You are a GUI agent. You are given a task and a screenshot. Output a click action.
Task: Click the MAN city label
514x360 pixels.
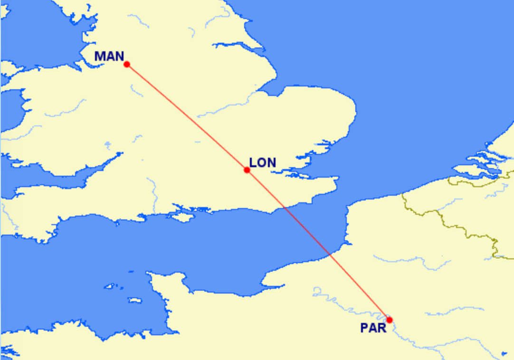point(109,56)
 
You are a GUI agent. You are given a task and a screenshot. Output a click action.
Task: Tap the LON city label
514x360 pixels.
point(262,162)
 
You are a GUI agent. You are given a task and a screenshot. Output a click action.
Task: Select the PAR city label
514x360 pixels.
point(373,328)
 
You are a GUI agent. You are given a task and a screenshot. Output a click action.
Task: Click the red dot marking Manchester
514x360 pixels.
point(127,64)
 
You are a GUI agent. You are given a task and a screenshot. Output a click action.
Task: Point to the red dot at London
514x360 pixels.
point(247,170)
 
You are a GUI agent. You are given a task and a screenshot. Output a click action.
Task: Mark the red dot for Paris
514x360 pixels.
point(390,320)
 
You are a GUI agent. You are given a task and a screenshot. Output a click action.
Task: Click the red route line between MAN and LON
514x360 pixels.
point(187,117)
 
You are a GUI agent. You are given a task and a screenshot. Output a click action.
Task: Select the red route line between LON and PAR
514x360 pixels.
point(318,245)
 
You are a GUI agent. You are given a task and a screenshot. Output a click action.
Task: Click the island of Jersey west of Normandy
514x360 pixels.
point(134,300)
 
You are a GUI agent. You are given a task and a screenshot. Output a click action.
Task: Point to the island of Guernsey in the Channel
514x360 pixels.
point(110,286)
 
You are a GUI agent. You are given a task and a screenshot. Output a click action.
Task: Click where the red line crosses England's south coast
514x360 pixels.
point(283,208)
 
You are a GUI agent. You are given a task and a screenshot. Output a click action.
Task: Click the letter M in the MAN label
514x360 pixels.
point(100,56)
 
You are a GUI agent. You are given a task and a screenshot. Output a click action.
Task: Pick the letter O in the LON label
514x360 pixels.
point(262,162)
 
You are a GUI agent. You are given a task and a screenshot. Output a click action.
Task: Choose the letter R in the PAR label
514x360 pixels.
point(381,328)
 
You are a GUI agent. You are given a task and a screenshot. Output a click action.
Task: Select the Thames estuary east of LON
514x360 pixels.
point(304,166)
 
